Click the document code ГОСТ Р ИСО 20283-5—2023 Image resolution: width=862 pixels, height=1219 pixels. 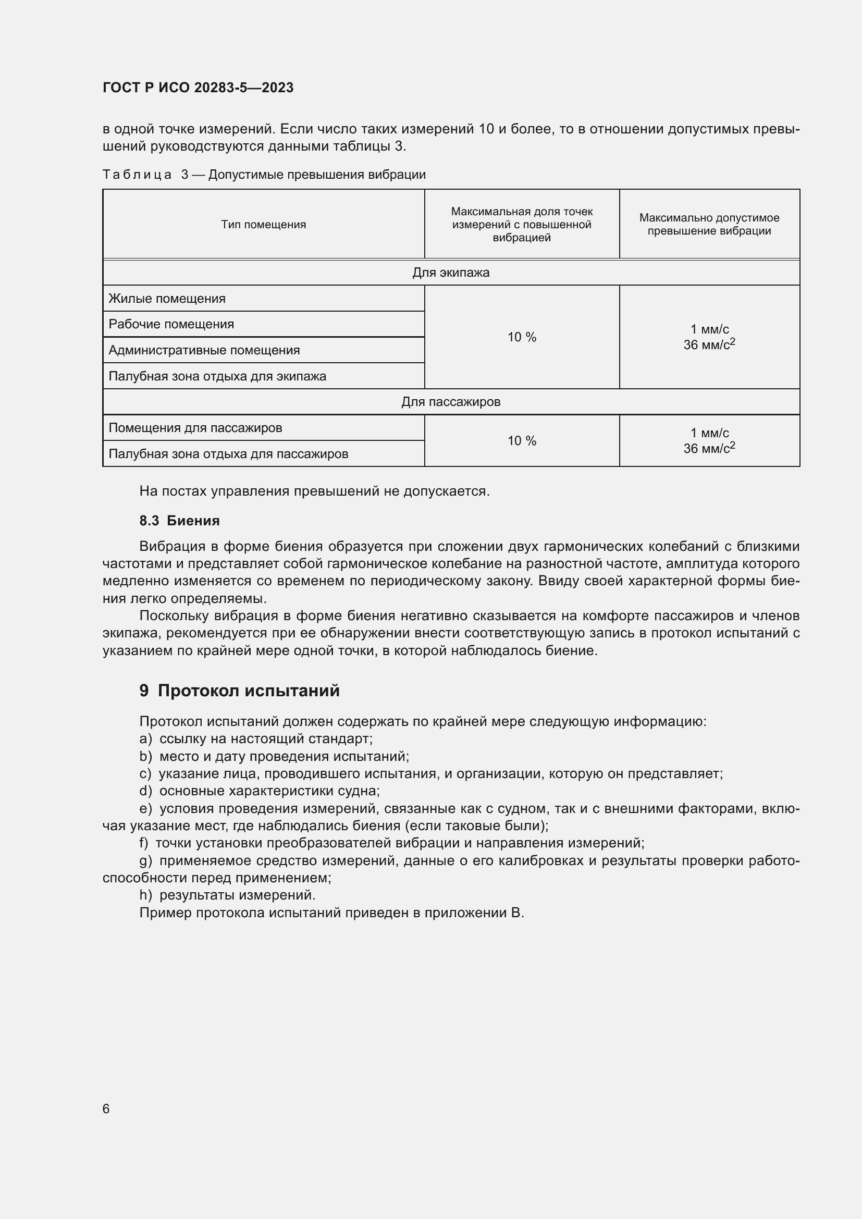tap(198, 88)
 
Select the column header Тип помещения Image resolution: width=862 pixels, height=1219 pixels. tap(263, 225)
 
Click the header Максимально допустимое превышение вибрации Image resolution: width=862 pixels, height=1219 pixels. tap(709, 225)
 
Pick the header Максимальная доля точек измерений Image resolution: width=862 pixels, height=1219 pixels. tap(521, 225)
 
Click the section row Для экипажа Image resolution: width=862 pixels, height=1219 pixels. tap(451, 273)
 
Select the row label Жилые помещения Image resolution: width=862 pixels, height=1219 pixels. tap(167, 299)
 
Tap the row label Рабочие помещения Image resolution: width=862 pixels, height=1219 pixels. tap(171, 324)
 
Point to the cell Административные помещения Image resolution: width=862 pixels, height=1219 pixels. tap(204, 350)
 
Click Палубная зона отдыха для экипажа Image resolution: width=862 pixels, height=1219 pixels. tap(217, 376)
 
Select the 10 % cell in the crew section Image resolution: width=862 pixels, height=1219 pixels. tap(521, 337)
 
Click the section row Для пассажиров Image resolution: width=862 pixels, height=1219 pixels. tap(451, 402)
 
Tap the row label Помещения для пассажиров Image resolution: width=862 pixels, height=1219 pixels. tap(195, 428)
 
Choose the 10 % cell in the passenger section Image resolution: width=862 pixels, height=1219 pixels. tap(521, 441)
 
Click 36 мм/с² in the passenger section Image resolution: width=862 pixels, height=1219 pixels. tap(709, 449)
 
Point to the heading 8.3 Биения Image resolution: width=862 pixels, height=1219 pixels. tap(179, 521)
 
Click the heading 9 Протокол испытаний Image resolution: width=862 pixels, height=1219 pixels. tap(239, 691)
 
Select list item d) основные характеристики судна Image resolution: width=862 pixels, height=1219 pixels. tap(260, 791)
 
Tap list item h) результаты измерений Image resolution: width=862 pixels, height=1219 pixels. tap(228, 895)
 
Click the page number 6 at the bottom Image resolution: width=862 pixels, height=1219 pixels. tap(106, 1109)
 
